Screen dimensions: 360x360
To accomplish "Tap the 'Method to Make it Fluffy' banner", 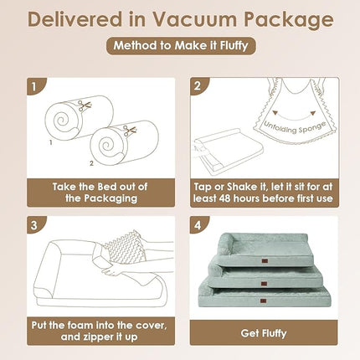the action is [181, 45].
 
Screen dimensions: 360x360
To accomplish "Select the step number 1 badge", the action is [35, 86].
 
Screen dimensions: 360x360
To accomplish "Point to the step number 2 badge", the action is [198, 86].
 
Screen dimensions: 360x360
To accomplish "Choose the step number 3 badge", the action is [35, 224].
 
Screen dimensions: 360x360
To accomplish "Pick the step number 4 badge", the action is [198, 224].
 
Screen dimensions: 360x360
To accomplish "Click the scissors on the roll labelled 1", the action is [85, 106].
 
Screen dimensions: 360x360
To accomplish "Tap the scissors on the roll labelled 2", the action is [130, 131].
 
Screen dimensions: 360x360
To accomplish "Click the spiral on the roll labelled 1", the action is [62, 121].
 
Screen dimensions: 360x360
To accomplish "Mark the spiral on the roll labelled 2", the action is [107, 145].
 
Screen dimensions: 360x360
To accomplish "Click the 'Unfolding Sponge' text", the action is [295, 127].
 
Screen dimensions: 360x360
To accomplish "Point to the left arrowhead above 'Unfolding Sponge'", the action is [275, 113].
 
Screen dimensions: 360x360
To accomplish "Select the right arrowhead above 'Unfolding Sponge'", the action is [312, 113].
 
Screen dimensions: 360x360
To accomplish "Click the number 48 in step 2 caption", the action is [225, 198].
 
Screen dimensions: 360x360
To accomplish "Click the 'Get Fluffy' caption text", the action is [264, 333].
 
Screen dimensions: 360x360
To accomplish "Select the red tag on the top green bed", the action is [264, 261].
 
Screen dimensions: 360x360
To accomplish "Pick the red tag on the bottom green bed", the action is [264, 301].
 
